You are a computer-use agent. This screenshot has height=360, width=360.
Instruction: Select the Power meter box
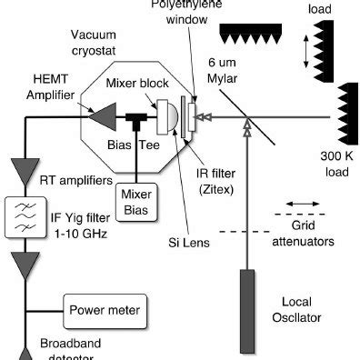[105, 311]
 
